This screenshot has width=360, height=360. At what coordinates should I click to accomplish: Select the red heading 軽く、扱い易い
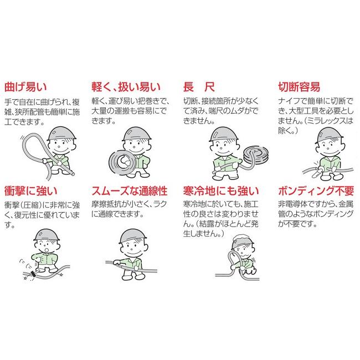126,87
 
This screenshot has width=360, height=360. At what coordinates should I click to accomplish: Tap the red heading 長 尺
198,87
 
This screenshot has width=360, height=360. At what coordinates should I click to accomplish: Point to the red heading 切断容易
299,87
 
